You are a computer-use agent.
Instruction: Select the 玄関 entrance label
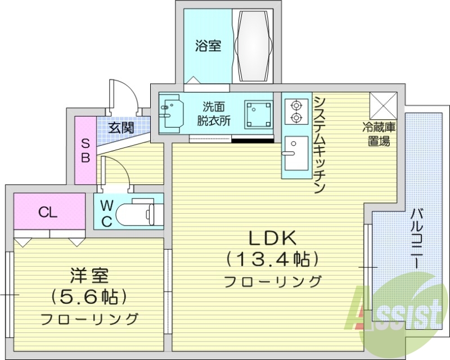pyautogui.click(x=121, y=128)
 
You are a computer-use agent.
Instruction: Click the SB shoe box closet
pyautogui.click(x=85, y=150)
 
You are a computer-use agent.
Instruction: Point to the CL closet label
pyautogui.click(x=48, y=212)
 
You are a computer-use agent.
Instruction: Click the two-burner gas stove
pyautogui.click(x=295, y=111)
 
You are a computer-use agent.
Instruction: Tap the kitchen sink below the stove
pyautogui.click(x=295, y=153)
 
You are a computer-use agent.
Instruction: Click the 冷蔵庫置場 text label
pyautogui.click(x=379, y=134)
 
